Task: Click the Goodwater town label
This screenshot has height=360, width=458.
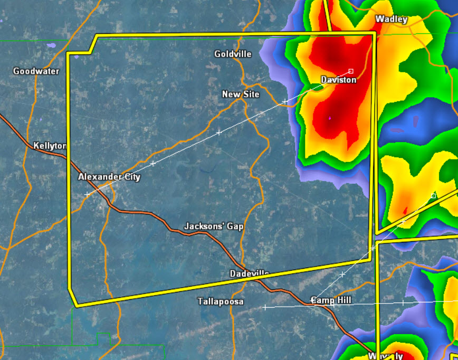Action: (x=36, y=71)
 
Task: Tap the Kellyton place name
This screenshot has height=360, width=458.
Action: (x=50, y=146)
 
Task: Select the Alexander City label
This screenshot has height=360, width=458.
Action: (x=109, y=177)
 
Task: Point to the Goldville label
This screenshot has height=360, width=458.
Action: (x=233, y=54)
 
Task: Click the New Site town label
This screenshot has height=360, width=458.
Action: (x=241, y=94)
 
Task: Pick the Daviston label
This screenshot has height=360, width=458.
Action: (x=339, y=80)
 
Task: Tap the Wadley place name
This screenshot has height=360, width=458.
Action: (x=391, y=20)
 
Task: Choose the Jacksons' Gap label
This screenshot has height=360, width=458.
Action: (x=214, y=226)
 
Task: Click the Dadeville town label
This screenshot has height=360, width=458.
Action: (x=250, y=273)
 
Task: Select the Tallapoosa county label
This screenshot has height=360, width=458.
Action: (x=221, y=301)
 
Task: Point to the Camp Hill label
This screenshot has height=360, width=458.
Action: (x=330, y=300)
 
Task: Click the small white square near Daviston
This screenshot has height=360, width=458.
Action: (x=351, y=71)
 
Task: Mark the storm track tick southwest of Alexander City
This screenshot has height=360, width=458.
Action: (x=87, y=195)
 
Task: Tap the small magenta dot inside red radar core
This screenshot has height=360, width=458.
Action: (x=330, y=118)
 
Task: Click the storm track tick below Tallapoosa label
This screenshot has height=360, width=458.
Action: (x=265, y=307)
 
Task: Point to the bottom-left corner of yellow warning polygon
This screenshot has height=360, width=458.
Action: (x=77, y=305)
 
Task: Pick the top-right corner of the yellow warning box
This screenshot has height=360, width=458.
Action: (x=375, y=33)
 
